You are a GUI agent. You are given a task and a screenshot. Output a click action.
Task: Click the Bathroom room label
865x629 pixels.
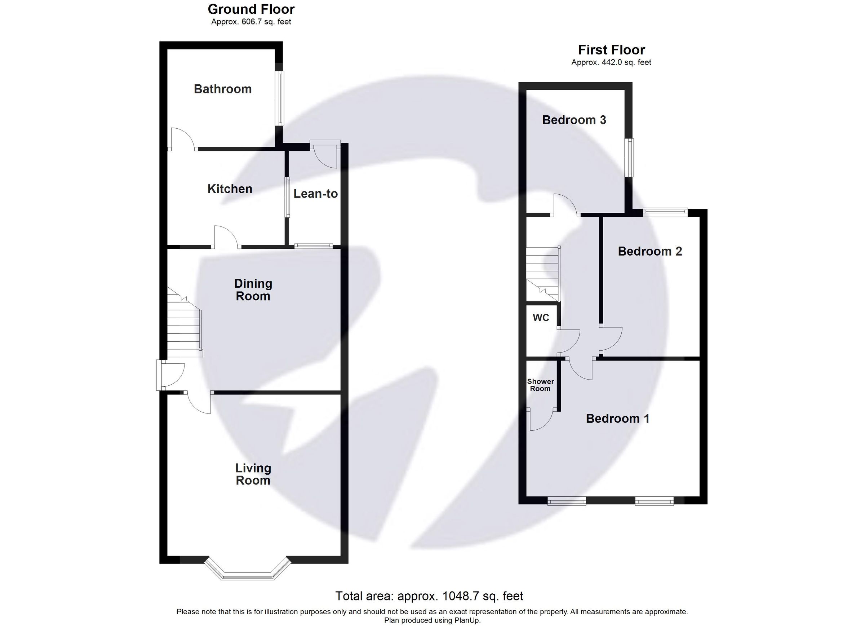tap(223, 89)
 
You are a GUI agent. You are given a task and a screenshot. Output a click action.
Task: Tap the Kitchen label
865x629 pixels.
tap(230, 189)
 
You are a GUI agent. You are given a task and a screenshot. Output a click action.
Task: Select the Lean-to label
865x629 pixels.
tap(315, 194)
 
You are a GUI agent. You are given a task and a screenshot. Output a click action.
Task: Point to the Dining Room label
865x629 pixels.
tap(253, 289)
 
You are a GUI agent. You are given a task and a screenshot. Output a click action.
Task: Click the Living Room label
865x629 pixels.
tap(253, 474)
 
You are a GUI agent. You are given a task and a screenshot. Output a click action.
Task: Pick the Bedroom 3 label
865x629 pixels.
tap(574, 120)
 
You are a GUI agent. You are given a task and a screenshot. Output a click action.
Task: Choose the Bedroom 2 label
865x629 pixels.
tap(650, 251)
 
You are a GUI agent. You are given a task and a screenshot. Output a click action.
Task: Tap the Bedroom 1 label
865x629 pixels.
tap(617, 418)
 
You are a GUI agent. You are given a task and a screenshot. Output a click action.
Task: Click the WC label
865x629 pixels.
tap(541, 318)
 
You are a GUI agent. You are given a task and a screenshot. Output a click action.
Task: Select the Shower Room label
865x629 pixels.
tap(540, 385)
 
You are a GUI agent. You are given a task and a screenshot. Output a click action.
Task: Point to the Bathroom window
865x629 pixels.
tap(281, 98)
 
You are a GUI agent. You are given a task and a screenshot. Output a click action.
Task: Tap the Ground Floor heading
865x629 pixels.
tap(251, 9)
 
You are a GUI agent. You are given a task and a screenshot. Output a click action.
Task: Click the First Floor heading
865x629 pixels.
tap(611, 50)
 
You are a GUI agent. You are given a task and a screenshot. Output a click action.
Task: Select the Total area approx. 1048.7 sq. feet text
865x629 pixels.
tap(429, 596)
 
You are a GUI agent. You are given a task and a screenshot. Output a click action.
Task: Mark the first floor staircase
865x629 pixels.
tap(543, 274)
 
